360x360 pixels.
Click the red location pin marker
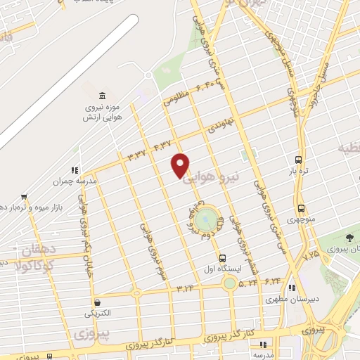point(181,165)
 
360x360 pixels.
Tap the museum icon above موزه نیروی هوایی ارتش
point(103,96)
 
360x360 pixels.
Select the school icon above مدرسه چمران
point(74,169)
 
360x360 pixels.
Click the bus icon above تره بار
point(299,160)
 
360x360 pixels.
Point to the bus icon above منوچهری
point(302,209)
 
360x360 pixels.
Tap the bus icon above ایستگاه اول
point(222,258)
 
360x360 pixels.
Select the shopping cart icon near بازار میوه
point(24,197)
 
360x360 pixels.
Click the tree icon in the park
point(349,238)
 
